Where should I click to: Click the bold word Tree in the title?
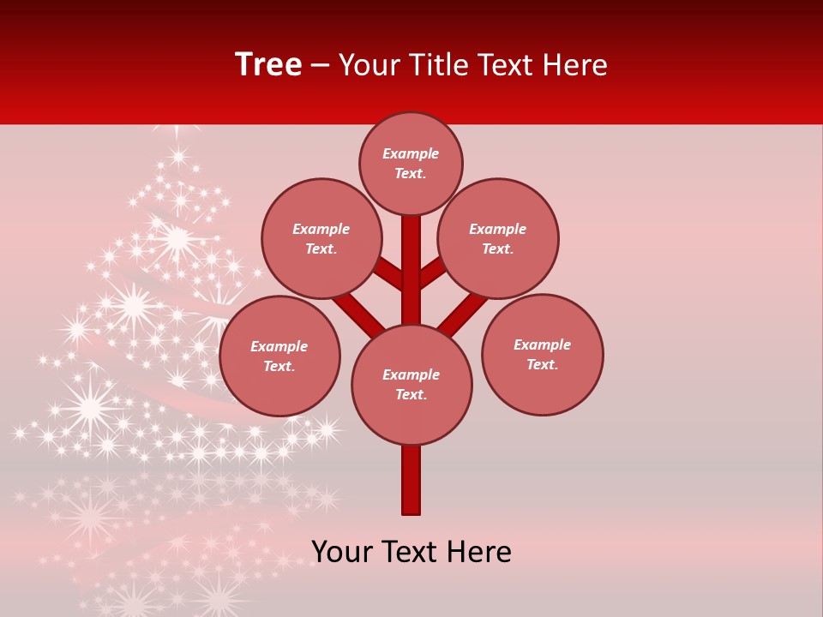pyautogui.click(x=268, y=64)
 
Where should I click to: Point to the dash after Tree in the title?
pyautogui.click(x=320, y=66)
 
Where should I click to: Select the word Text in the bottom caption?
pyautogui.click(x=410, y=551)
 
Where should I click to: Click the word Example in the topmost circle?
pyautogui.click(x=411, y=153)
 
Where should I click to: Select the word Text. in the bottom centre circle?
pyautogui.click(x=411, y=394)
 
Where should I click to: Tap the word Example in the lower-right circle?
pyautogui.click(x=542, y=344)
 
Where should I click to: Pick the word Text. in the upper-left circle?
pyautogui.click(x=321, y=249)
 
